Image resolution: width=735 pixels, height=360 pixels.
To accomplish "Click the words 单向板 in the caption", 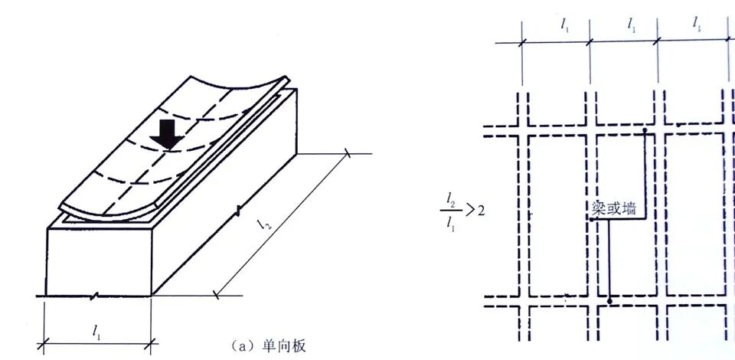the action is coord(287,346).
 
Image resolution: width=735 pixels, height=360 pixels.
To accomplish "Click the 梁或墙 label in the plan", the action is coord(614,208).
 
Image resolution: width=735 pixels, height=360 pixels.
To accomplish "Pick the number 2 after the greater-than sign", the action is coord(481,211).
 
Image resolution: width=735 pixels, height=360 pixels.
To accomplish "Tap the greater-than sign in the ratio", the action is coord(469,211).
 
